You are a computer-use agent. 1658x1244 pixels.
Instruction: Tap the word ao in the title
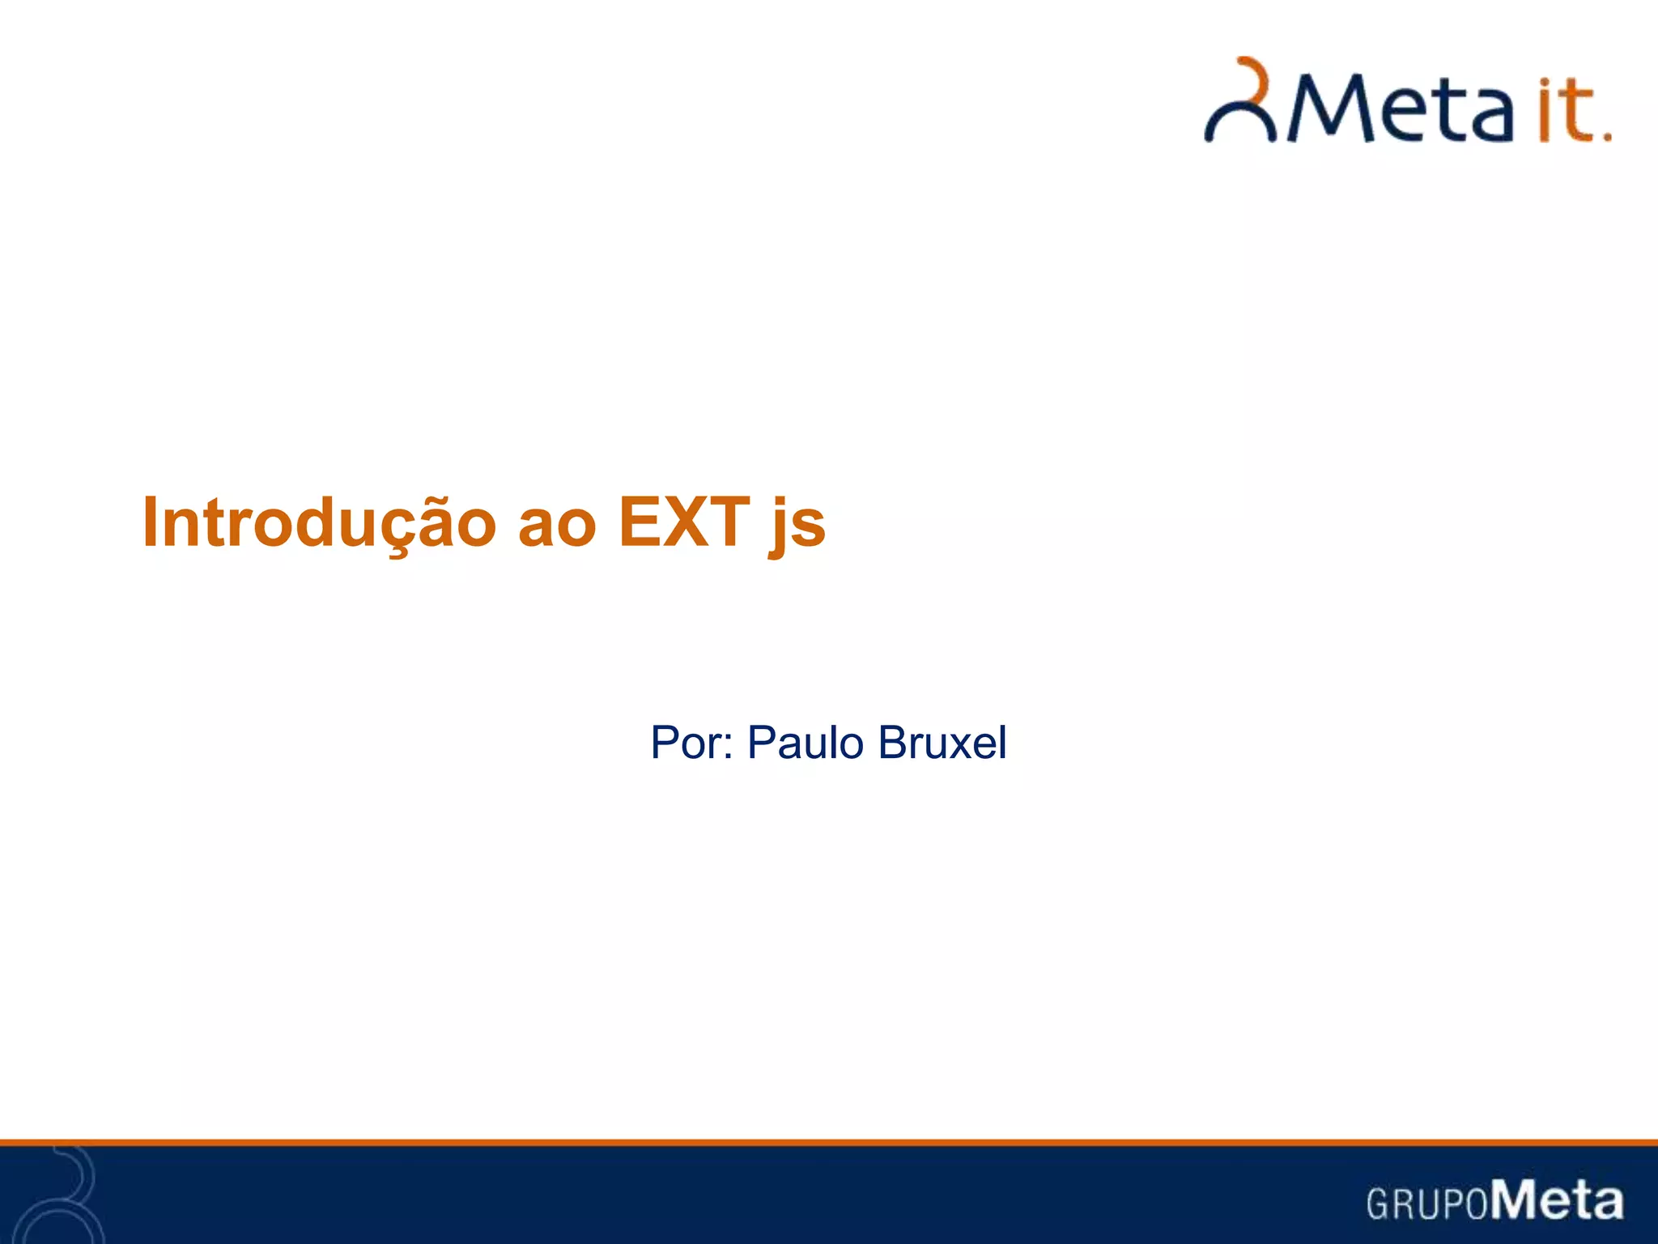point(557,525)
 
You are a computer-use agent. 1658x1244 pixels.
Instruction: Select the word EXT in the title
point(684,522)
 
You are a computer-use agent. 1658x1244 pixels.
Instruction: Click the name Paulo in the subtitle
point(805,743)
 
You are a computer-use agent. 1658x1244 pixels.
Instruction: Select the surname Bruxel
point(942,743)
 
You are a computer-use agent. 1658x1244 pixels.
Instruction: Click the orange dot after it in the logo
point(1607,137)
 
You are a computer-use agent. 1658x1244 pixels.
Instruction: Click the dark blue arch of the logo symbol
point(1239,121)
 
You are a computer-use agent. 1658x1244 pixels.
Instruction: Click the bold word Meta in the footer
point(1558,1199)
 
